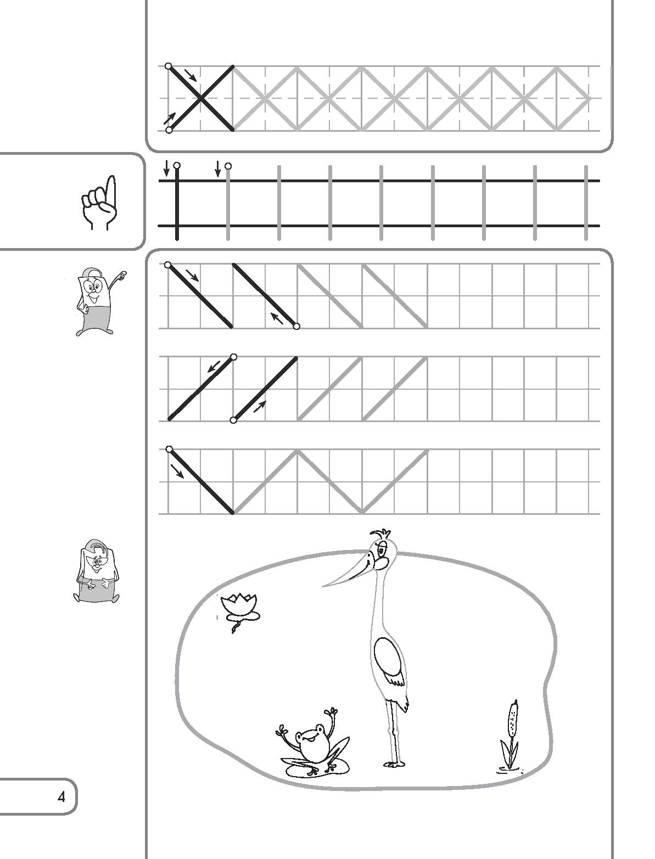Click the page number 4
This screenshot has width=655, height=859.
pyautogui.click(x=61, y=797)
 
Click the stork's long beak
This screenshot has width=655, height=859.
pyautogui.click(x=346, y=572)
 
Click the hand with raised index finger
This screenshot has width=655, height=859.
pyautogui.click(x=99, y=203)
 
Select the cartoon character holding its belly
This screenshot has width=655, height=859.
pyautogui.click(x=96, y=572)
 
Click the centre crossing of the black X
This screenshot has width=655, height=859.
pyautogui.click(x=201, y=98)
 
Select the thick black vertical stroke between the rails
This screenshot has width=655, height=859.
pyautogui.click(x=177, y=203)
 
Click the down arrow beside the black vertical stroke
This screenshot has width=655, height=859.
pyautogui.click(x=167, y=168)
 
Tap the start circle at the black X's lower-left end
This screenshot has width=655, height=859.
pyautogui.click(x=169, y=130)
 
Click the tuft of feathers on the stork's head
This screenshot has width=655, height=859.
pyautogui.click(x=381, y=534)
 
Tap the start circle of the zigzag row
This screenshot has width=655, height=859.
pyautogui.click(x=169, y=450)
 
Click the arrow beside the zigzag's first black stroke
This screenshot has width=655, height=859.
pyautogui.click(x=177, y=471)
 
